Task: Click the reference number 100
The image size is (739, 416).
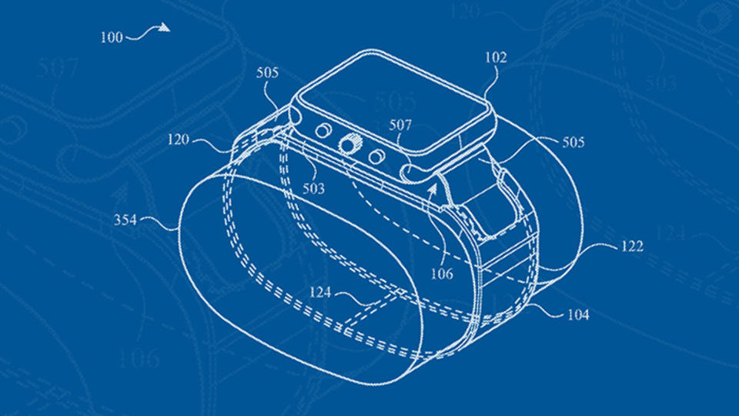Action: pos(112,37)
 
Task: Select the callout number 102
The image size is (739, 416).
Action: pos(496,58)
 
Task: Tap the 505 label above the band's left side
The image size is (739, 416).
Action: pos(267,72)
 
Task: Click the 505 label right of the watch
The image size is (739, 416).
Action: pos(573,142)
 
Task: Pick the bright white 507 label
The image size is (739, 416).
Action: pos(400,125)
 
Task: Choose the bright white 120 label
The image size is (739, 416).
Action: pos(178,139)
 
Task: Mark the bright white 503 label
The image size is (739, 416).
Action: pos(313,189)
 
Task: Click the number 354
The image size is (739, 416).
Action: pos(125,220)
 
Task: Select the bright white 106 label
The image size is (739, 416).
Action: pos(442,273)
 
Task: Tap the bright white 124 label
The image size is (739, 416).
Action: pos(320,293)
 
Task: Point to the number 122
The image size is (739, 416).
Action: pos(631,247)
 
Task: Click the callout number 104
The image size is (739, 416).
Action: pos(578,314)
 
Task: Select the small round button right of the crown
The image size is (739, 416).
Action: pos(376,156)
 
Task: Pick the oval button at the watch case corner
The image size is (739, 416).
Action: pos(409,172)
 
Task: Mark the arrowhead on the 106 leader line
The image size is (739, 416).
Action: pos(433,190)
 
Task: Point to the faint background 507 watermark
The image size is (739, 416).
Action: pos(57,69)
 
